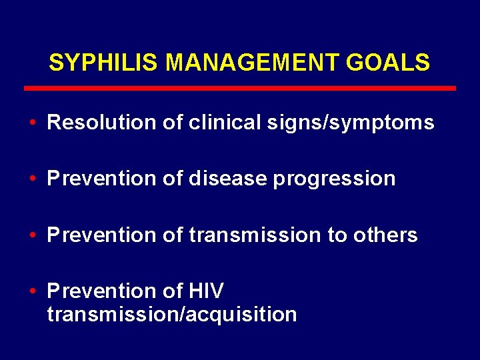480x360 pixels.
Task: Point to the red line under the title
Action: click(x=240, y=88)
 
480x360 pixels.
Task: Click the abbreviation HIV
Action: click(x=207, y=291)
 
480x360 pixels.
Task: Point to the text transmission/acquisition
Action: click(x=171, y=314)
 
